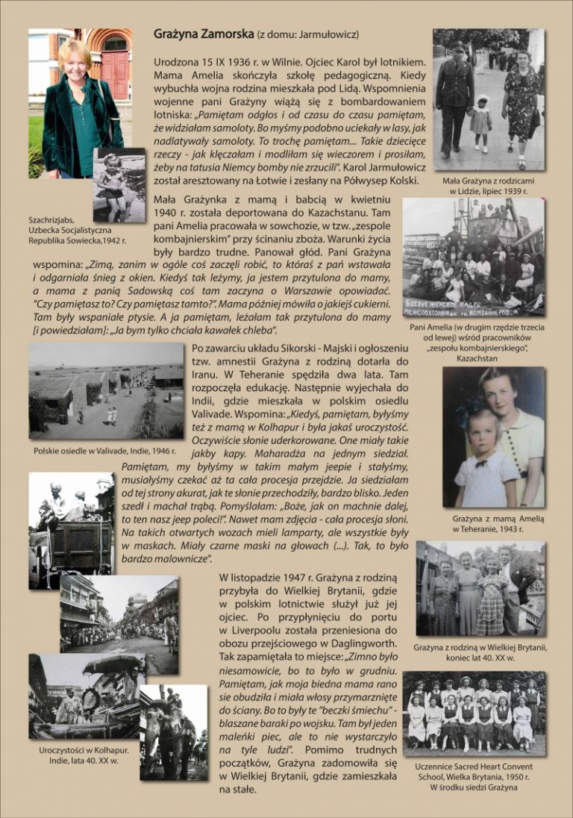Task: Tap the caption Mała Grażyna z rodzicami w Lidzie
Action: coord(489,186)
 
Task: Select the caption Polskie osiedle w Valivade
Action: coord(104,451)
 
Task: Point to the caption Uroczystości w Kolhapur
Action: coord(84,755)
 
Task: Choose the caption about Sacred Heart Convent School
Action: coord(475,776)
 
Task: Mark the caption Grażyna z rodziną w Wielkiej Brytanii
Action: coord(480,652)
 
